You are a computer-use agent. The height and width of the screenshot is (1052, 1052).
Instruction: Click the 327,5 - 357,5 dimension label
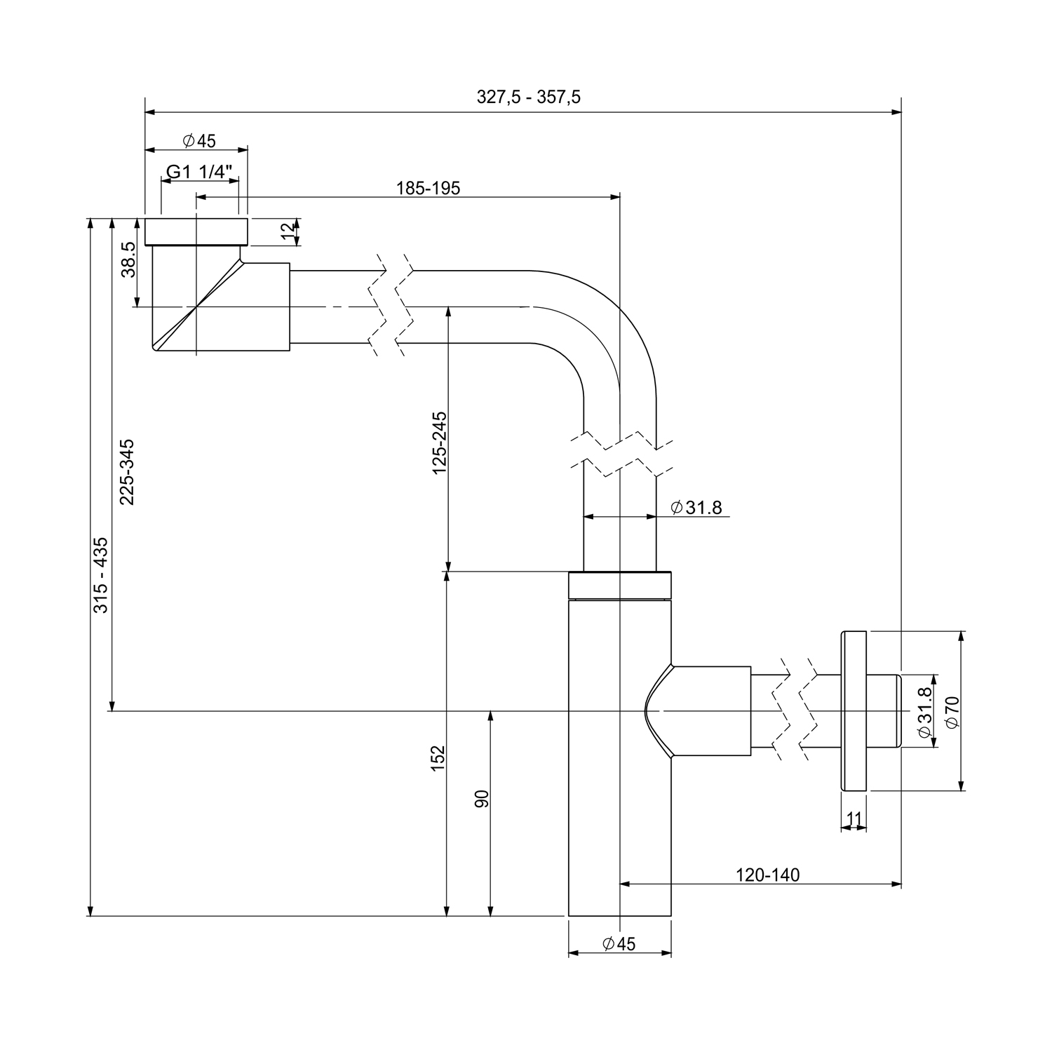(x=528, y=97)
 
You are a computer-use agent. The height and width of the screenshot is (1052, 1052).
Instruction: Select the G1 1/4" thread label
(x=198, y=172)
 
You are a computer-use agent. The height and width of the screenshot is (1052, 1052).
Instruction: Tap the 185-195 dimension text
(x=428, y=188)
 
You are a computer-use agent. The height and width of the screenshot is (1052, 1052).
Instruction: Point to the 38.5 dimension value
(x=128, y=260)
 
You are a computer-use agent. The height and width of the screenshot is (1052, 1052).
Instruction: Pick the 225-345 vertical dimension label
(x=127, y=471)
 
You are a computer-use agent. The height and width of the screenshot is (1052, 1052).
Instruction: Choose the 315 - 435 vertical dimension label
(x=102, y=574)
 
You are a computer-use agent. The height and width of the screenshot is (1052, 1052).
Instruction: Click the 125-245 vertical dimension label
(x=440, y=443)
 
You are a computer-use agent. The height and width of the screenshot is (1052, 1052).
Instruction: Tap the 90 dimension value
(x=482, y=799)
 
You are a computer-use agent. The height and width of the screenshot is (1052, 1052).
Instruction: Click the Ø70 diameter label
(x=952, y=711)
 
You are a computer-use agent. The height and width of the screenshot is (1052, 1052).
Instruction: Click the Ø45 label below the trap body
(x=619, y=944)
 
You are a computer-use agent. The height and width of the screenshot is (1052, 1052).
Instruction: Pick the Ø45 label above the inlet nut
(x=199, y=141)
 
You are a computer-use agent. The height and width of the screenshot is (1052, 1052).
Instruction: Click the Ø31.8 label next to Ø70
(x=925, y=711)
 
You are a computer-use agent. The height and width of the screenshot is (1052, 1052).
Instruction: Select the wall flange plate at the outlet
(x=854, y=710)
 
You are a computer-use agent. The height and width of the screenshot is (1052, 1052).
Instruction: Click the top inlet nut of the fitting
(x=196, y=231)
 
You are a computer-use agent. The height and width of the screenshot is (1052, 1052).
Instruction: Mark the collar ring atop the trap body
(x=620, y=586)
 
